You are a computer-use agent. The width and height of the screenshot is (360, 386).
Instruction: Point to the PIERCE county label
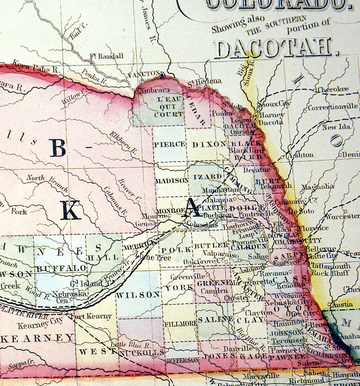coord(169,144)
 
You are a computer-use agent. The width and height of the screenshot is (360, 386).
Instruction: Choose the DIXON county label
coord(208,144)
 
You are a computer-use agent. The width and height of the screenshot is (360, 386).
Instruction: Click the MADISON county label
coord(172,180)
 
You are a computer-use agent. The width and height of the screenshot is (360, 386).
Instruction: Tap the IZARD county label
coord(208,177)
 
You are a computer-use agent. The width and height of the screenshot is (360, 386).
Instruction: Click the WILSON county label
coord(138,295)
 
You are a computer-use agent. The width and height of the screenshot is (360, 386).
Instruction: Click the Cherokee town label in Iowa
coord(333,89)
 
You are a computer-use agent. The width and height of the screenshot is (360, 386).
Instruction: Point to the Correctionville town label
coord(333,107)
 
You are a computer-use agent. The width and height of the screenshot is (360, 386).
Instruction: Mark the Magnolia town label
coord(318,186)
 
